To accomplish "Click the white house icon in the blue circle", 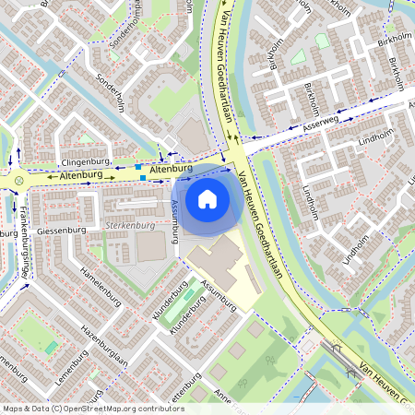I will [x=207, y=197].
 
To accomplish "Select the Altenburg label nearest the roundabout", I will [x=78, y=174].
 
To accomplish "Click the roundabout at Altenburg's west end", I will [x=18, y=179].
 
